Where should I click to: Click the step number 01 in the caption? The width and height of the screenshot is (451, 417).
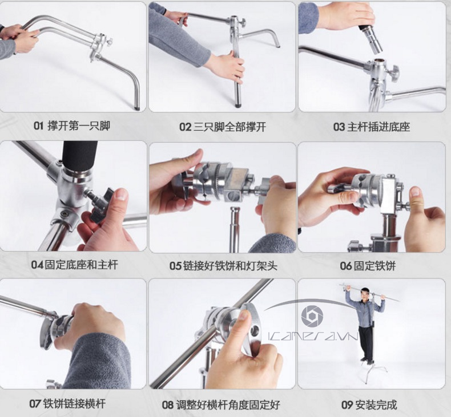click(x=39, y=125)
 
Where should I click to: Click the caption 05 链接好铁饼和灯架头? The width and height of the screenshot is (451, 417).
click(x=223, y=266)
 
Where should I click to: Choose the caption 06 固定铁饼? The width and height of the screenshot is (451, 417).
click(x=368, y=266)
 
